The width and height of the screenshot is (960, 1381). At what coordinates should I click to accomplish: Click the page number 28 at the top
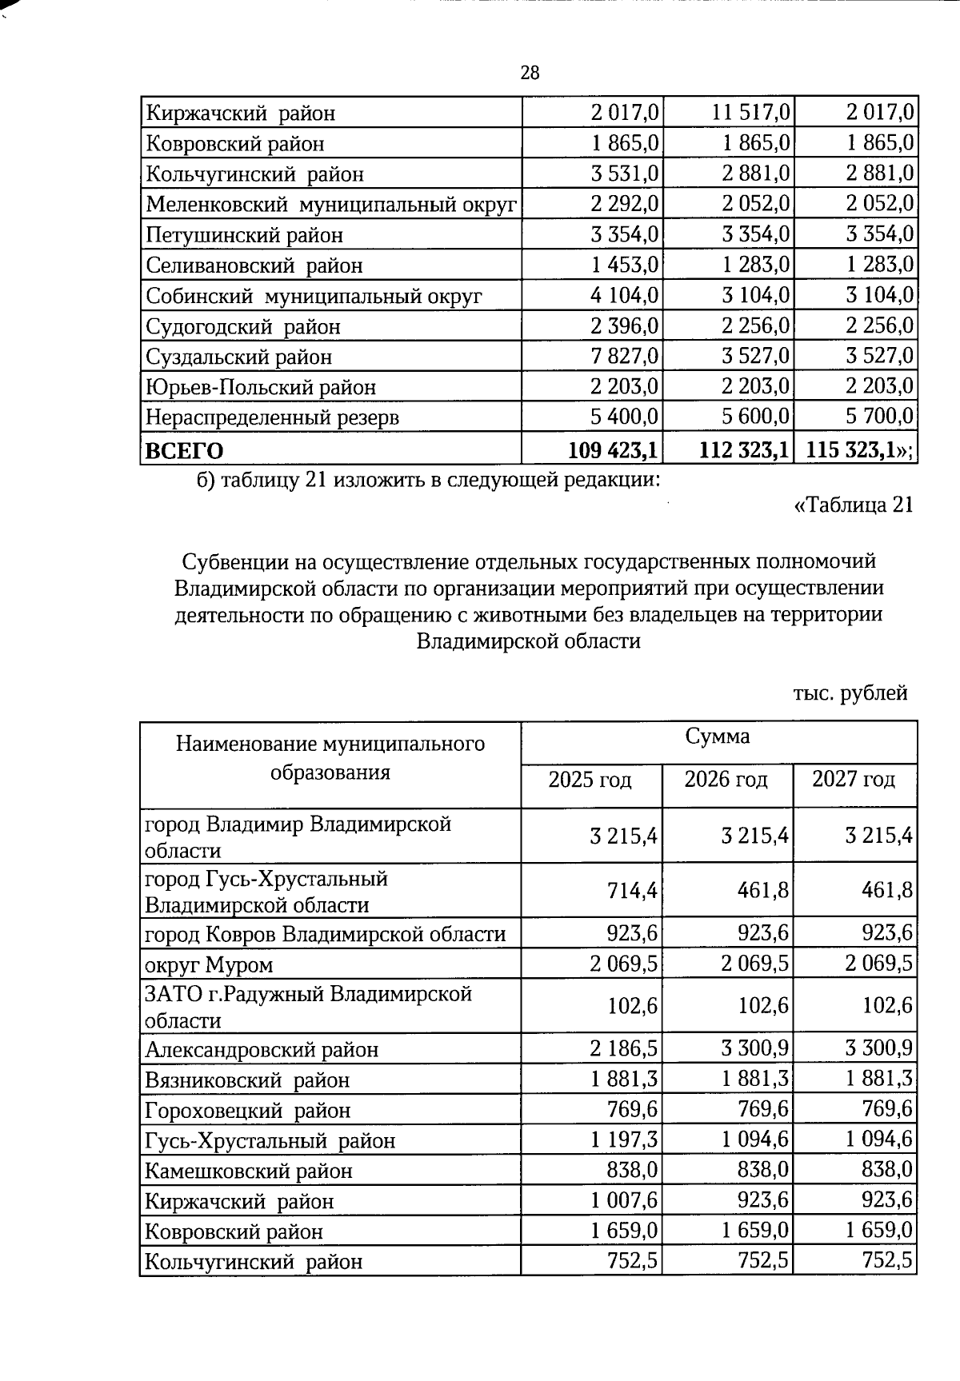pyautogui.click(x=530, y=74)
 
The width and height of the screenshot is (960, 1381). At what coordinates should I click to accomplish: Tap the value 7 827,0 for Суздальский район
pyautogui.click(x=625, y=356)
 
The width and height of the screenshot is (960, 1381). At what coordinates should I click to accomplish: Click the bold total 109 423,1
pyautogui.click(x=613, y=450)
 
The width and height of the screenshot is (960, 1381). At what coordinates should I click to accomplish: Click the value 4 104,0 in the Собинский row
pyautogui.click(x=625, y=295)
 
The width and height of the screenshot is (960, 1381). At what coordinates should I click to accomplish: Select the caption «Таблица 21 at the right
pyautogui.click(x=853, y=505)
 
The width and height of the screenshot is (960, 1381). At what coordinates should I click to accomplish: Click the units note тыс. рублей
pyautogui.click(x=850, y=692)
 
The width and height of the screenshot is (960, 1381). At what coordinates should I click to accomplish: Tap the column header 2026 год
pyautogui.click(x=726, y=779)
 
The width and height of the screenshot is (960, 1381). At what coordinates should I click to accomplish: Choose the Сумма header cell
pyautogui.click(x=718, y=736)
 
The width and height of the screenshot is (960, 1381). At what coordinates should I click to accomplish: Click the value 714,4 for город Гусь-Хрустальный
pyautogui.click(x=632, y=890)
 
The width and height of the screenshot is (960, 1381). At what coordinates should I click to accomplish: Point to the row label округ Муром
pyautogui.click(x=209, y=965)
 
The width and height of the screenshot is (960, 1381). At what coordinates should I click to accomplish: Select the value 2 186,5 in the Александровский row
pyautogui.click(x=625, y=1048)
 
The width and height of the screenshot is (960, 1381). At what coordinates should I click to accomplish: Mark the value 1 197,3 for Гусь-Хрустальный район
pyautogui.click(x=625, y=1140)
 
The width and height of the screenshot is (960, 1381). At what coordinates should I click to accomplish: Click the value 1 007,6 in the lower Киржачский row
pyautogui.click(x=625, y=1200)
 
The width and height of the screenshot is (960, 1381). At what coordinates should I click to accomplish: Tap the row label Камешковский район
pyautogui.click(x=249, y=1171)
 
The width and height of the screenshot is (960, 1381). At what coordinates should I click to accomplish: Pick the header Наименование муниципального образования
pyautogui.click(x=330, y=758)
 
